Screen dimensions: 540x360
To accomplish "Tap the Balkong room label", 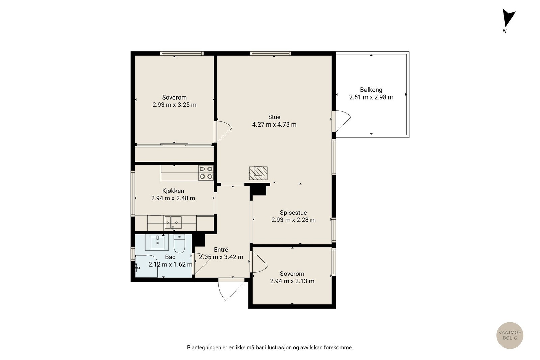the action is [x=371, y=90].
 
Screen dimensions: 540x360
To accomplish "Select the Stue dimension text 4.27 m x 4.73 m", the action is [x=274, y=124].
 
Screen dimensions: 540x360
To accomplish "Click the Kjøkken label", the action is [x=173, y=191].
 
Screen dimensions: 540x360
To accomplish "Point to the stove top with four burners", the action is [x=206, y=173].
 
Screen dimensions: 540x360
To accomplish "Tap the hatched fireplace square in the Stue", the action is [x=258, y=173].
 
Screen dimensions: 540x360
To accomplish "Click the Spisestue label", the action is [x=293, y=213].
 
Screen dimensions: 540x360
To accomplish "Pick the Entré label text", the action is [x=221, y=250].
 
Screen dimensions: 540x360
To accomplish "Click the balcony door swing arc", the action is [x=344, y=121].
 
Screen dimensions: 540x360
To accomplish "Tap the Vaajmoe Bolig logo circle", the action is [x=510, y=335].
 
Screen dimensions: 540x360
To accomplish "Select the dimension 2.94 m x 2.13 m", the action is [x=292, y=281].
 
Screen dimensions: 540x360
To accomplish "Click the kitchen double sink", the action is [x=173, y=222].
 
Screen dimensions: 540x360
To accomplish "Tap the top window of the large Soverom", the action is [x=182, y=54].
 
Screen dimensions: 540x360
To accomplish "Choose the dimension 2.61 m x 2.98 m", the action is [x=371, y=97].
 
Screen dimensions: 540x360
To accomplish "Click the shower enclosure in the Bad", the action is [x=146, y=266].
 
